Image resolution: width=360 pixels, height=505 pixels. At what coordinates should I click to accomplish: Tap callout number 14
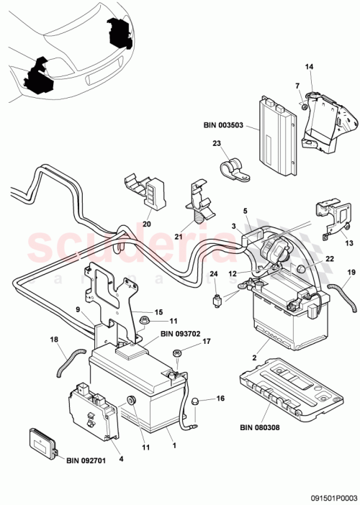(x=310, y=67)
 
